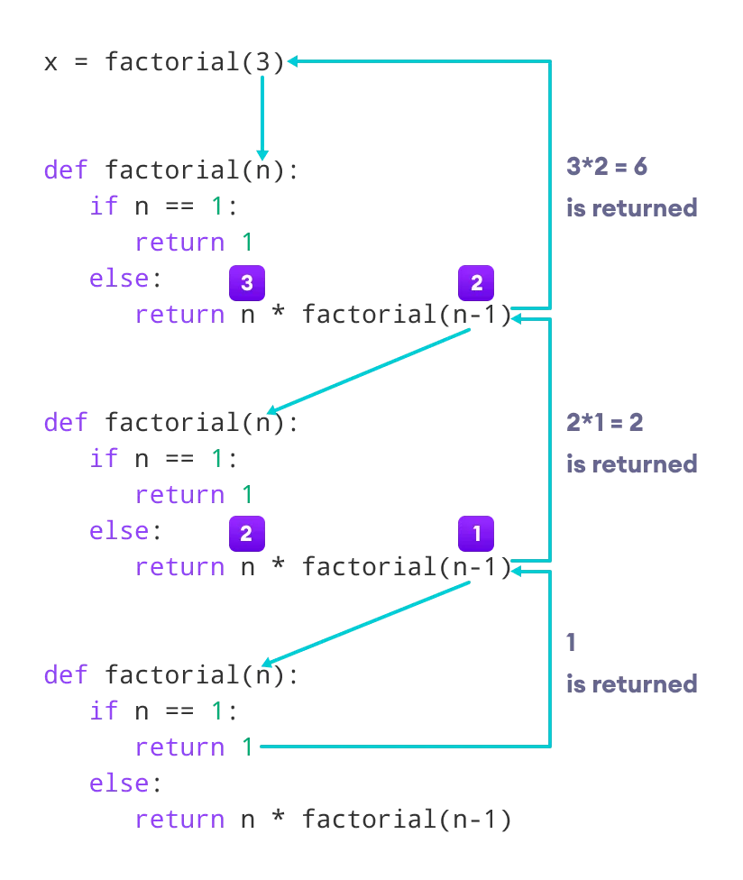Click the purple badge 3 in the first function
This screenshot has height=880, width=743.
point(246,283)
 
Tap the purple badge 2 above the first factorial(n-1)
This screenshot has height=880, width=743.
point(476,283)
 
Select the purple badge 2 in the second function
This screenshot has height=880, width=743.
point(246,534)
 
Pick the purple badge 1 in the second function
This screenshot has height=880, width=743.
point(476,534)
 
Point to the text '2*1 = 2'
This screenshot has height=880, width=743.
point(604,423)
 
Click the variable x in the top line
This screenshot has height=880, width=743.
point(50,62)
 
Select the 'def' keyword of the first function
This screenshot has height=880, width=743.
point(66,170)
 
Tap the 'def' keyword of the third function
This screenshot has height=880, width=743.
point(66,674)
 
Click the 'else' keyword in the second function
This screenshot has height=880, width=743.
point(119,530)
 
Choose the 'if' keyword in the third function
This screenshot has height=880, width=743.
point(104,710)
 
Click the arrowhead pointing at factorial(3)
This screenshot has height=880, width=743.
point(293,61)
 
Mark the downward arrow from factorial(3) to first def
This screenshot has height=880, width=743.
point(262,117)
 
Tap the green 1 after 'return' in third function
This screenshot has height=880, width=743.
point(247,747)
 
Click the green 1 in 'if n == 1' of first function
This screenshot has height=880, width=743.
point(216,206)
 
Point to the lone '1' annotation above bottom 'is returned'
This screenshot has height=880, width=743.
point(572,643)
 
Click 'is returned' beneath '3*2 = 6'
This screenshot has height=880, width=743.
point(631,208)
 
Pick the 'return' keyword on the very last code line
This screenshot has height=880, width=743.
point(179,819)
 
